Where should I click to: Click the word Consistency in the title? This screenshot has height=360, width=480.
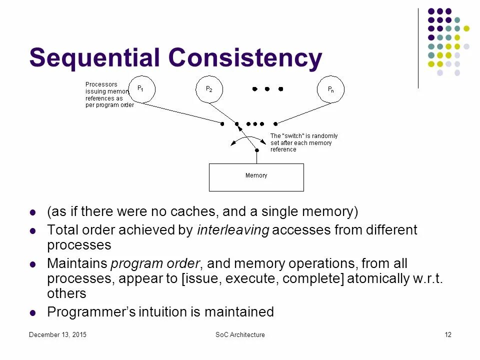pyautogui.click(x=245, y=58)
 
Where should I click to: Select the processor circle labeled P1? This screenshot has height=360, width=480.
pyautogui.click(x=142, y=89)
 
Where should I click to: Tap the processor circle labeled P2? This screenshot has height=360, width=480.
pyautogui.click(x=209, y=89)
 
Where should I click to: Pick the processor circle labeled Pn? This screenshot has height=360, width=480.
pyautogui.click(x=330, y=89)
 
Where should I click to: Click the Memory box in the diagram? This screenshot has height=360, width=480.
pyautogui.click(x=256, y=177)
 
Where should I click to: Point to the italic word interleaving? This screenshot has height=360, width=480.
pyautogui.click(x=233, y=230)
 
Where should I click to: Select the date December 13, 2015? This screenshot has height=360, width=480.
pyautogui.click(x=57, y=334)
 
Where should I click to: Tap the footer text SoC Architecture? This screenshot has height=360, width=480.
pyautogui.click(x=240, y=334)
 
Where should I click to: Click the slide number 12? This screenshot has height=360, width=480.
pyautogui.click(x=448, y=334)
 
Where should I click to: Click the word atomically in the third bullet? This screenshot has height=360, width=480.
pyautogui.click(x=377, y=278)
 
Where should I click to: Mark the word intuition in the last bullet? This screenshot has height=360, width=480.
pyautogui.click(x=164, y=312)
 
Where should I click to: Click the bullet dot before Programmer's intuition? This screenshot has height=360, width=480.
pyautogui.click(x=33, y=313)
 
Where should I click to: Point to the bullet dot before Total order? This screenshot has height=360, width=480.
pyautogui.click(x=33, y=231)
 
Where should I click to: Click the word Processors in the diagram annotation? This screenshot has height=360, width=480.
pyautogui.click(x=101, y=84)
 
